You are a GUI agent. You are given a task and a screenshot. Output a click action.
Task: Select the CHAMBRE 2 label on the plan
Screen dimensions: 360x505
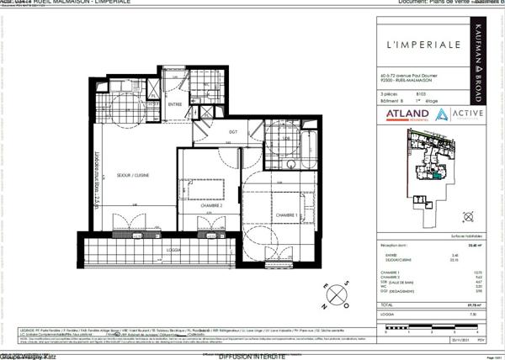(210, 205)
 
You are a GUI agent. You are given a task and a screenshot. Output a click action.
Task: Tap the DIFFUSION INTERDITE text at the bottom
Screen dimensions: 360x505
(251, 356)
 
